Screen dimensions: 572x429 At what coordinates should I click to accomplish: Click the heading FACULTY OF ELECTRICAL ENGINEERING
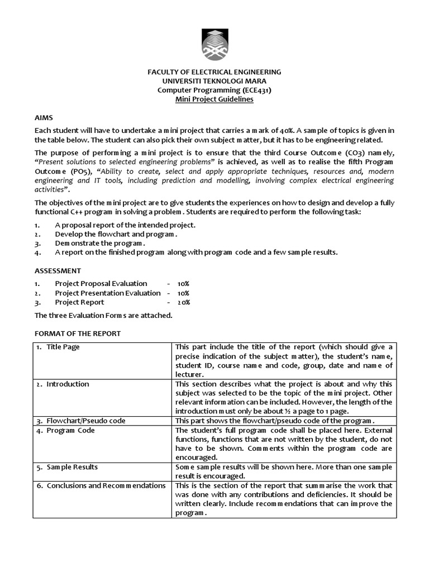[x=214, y=72]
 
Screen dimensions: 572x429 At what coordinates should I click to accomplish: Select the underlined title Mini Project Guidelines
[x=214, y=99]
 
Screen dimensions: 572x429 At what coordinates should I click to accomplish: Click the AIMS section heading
[x=44, y=119]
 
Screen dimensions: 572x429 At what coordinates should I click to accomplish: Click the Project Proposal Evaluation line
[x=101, y=283]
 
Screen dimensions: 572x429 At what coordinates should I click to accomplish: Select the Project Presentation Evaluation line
[x=107, y=293]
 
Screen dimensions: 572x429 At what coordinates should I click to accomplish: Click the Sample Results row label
[x=72, y=467]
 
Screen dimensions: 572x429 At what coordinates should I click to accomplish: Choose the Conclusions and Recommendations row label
[x=106, y=485]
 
